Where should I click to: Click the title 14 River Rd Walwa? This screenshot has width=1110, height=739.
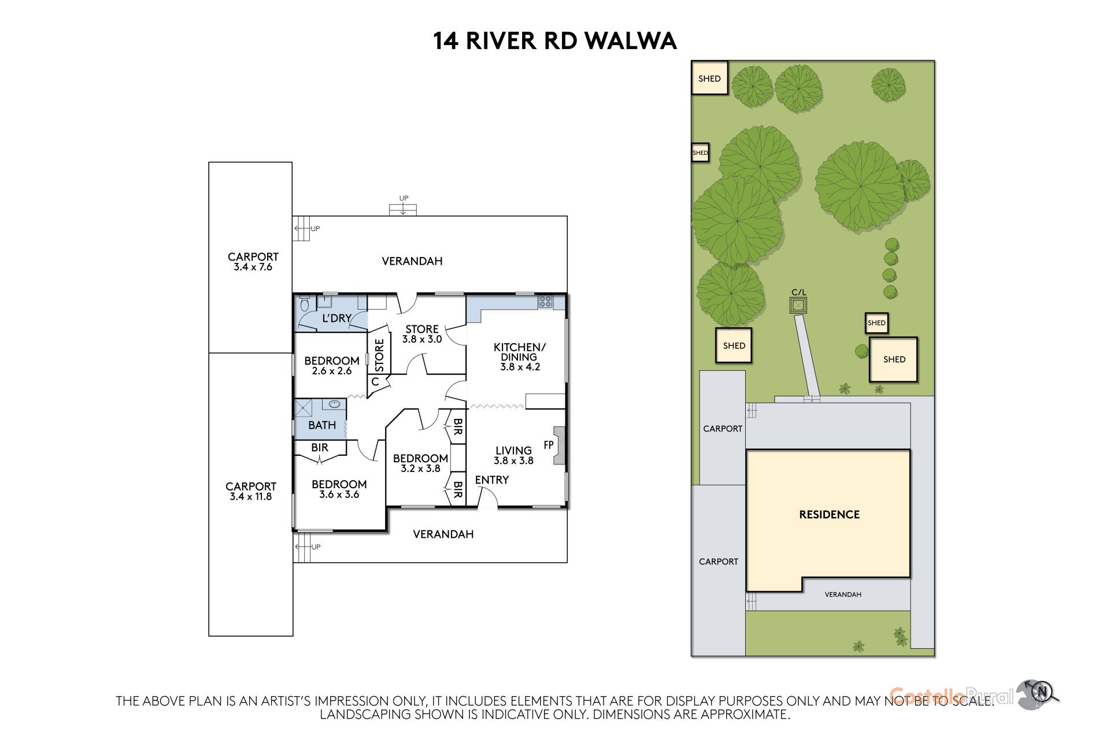point(554,41)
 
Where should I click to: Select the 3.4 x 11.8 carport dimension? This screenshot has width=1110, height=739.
point(250,496)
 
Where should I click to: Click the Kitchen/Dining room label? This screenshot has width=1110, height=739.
point(519,356)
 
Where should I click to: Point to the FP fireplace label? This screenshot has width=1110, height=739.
point(549,445)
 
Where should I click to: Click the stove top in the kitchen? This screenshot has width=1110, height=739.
point(545,301)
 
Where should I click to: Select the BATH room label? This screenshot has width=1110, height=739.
point(322,425)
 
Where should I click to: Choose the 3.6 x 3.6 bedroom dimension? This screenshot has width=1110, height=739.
point(339,495)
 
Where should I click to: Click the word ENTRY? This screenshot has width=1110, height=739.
point(492,480)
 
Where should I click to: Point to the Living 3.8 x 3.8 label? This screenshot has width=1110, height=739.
point(513,455)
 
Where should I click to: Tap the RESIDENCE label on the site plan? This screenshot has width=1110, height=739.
point(829,514)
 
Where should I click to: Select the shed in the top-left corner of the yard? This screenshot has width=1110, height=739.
point(709,78)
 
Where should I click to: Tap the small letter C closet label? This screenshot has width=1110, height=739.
point(375,382)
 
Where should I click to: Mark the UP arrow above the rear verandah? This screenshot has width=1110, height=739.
point(404,205)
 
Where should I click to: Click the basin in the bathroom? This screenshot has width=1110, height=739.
point(335,404)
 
